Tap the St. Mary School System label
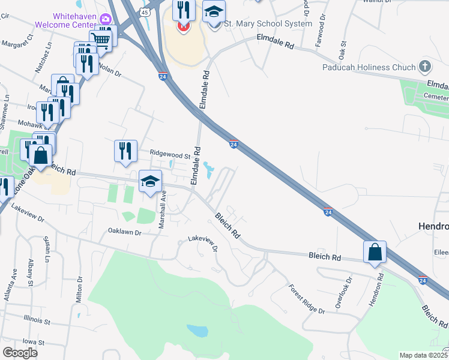click(268, 24)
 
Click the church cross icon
click(425, 66)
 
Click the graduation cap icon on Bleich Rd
click(150, 181)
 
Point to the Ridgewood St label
click(170, 154)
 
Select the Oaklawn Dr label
click(124, 231)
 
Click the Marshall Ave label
click(162, 209)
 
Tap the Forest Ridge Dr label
click(306, 299)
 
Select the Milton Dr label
click(79, 289)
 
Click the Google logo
click(20, 352)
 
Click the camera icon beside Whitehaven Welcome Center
click(106, 19)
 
